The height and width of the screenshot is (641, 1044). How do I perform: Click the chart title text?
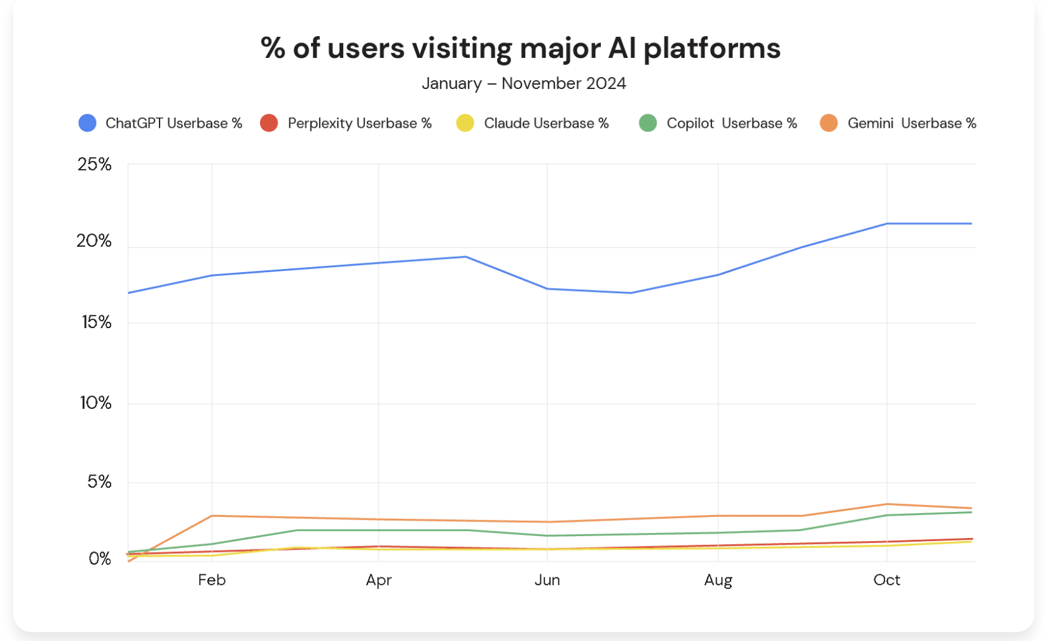(521, 48)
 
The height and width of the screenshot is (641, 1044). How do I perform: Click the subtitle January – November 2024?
(524, 83)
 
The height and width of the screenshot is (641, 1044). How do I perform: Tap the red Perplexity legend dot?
(269, 123)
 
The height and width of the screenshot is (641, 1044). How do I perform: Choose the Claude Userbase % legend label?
(546, 123)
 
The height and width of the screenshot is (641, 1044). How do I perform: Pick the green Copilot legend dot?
(647, 123)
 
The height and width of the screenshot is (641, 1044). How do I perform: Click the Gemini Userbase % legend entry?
(911, 123)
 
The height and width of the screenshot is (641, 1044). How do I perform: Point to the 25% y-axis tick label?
(95, 165)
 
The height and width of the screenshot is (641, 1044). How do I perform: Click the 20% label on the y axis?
(94, 241)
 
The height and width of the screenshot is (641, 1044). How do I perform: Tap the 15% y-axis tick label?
(96, 322)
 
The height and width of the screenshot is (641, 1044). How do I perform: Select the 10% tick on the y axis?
(95, 403)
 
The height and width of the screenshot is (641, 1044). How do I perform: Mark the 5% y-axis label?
(99, 482)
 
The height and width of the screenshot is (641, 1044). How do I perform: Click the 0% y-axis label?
(100, 559)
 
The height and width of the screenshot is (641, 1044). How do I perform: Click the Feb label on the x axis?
(212, 580)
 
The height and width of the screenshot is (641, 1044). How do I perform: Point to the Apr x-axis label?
(378, 580)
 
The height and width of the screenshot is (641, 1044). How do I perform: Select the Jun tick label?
(547, 580)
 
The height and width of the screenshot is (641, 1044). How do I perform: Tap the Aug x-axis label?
(718, 580)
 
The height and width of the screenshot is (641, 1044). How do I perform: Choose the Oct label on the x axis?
(886, 580)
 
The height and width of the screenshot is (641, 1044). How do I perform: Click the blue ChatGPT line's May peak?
(465, 257)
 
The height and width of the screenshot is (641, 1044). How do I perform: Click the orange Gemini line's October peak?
(886, 504)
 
